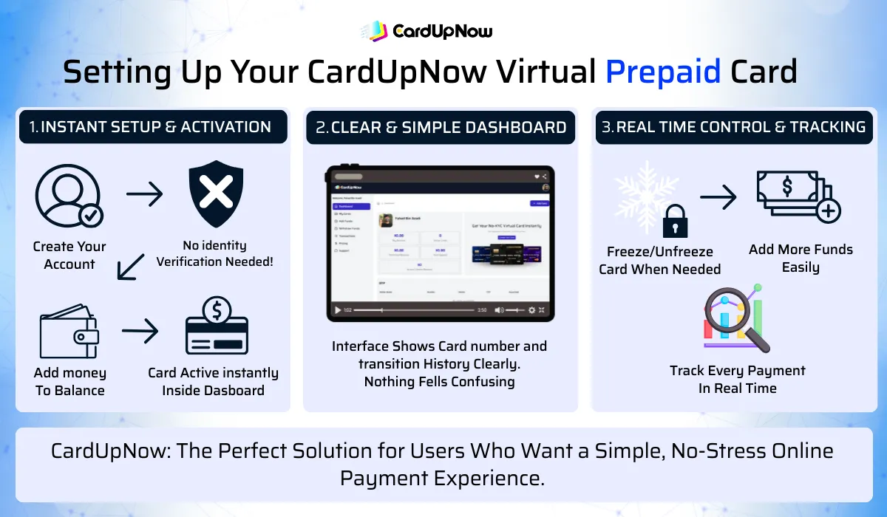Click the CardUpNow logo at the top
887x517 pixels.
[x=426, y=30]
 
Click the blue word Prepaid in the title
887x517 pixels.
[x=663, y=72]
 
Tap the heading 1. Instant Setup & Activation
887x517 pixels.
[x=151, y=127]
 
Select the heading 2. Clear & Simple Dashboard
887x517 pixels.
[x=441, y=127]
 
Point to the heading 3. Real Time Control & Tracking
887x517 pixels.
[x=733, y=127]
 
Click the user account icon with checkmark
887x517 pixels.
[x=69, y=196]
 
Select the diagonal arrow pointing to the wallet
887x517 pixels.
[x=132, y=266]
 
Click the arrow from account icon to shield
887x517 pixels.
[x=144, y=195]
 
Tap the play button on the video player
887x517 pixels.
[x=338, y=310]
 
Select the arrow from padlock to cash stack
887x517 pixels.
[x=718, y=196]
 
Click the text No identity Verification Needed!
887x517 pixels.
[x=214, y=253]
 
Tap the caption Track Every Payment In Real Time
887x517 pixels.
[x=737, y=379]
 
